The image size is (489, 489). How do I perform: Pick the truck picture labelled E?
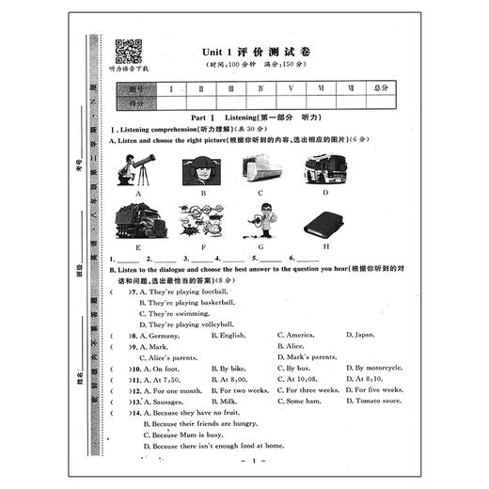click(x=137, y=222)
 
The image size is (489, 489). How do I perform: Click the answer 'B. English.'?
click(x=229, y=335)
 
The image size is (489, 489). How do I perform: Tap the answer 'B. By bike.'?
click(x=231, y=368)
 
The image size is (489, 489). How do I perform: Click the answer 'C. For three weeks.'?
click(x=309, y=389)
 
